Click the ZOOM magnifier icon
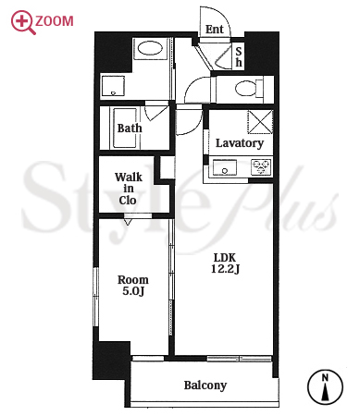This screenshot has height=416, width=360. coord(22,22)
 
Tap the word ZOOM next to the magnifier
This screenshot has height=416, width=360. coord(55,21)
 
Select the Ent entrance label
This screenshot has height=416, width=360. coord(215,30)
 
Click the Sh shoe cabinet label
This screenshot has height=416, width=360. coord(239,56)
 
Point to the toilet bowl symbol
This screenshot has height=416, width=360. coord(246,89)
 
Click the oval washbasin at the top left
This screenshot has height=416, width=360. coord(150,48)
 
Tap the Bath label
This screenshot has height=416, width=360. coord(130,128)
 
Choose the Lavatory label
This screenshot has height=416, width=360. coord(240,143)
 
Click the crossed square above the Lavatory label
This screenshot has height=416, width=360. coord(260,122)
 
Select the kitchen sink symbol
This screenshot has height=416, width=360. coord(225,167)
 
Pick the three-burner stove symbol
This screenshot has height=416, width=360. coord(261,167)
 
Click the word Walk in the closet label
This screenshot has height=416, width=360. coord(129,177)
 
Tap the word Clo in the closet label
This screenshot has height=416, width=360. coord(128,201)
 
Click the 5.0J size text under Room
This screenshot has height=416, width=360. coord(133,291)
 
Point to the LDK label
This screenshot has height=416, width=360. coord(225,257)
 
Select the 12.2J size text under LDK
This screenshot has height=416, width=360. coord(225,269)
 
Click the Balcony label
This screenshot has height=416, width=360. coord(205,385)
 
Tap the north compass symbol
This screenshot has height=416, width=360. coord(325,387)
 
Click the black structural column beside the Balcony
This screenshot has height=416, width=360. coord(111,361)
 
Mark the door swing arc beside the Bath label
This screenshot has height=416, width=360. coord(155,113)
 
